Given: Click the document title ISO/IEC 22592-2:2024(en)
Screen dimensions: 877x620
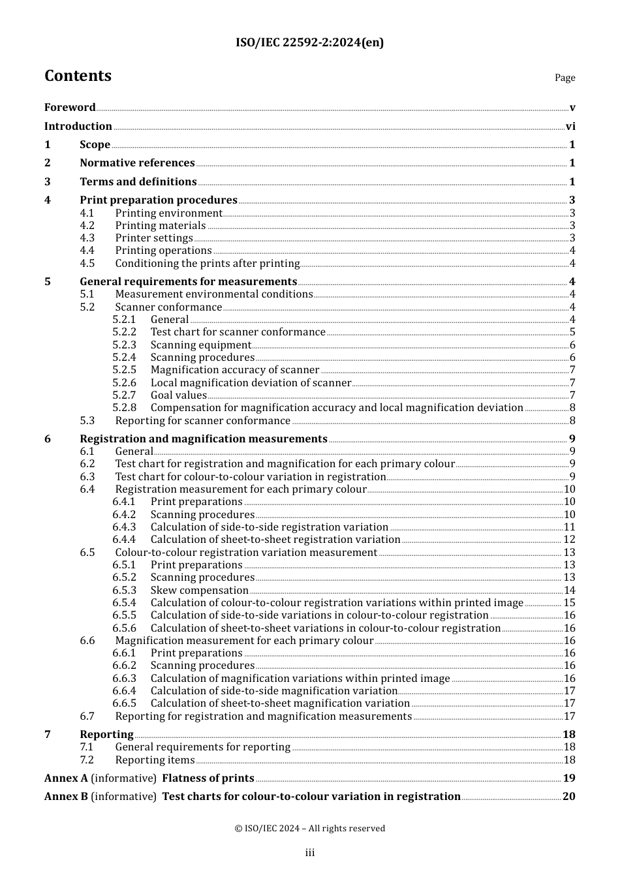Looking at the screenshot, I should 309,43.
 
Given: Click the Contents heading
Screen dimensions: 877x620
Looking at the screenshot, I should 78,76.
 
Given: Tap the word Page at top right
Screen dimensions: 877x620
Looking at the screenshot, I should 565,78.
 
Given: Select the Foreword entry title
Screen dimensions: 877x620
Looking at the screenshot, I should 70,108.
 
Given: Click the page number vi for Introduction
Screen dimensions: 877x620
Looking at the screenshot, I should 570,127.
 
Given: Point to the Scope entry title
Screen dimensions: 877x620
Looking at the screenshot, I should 95,145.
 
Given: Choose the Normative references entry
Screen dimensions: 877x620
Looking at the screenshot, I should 137,163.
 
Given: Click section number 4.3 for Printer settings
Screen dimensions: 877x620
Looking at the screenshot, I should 87,238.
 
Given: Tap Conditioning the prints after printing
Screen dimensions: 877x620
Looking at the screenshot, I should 207,264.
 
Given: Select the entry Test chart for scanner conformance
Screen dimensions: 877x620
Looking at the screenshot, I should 238,332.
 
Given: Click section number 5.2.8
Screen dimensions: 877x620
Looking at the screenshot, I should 124,408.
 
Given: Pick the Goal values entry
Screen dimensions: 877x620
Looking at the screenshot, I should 178,395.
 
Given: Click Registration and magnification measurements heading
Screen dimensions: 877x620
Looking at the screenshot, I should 203,439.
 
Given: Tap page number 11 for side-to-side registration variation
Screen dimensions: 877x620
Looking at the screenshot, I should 569,527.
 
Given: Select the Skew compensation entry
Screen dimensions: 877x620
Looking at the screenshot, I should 199,591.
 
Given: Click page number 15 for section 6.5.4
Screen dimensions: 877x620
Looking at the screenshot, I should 569,603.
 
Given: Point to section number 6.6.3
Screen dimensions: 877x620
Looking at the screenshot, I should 124,679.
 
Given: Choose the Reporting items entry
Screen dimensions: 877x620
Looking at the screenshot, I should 155,760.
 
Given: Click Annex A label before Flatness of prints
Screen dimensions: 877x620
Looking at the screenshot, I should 66,778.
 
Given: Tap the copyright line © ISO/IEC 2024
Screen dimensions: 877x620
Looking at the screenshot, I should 309,829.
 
